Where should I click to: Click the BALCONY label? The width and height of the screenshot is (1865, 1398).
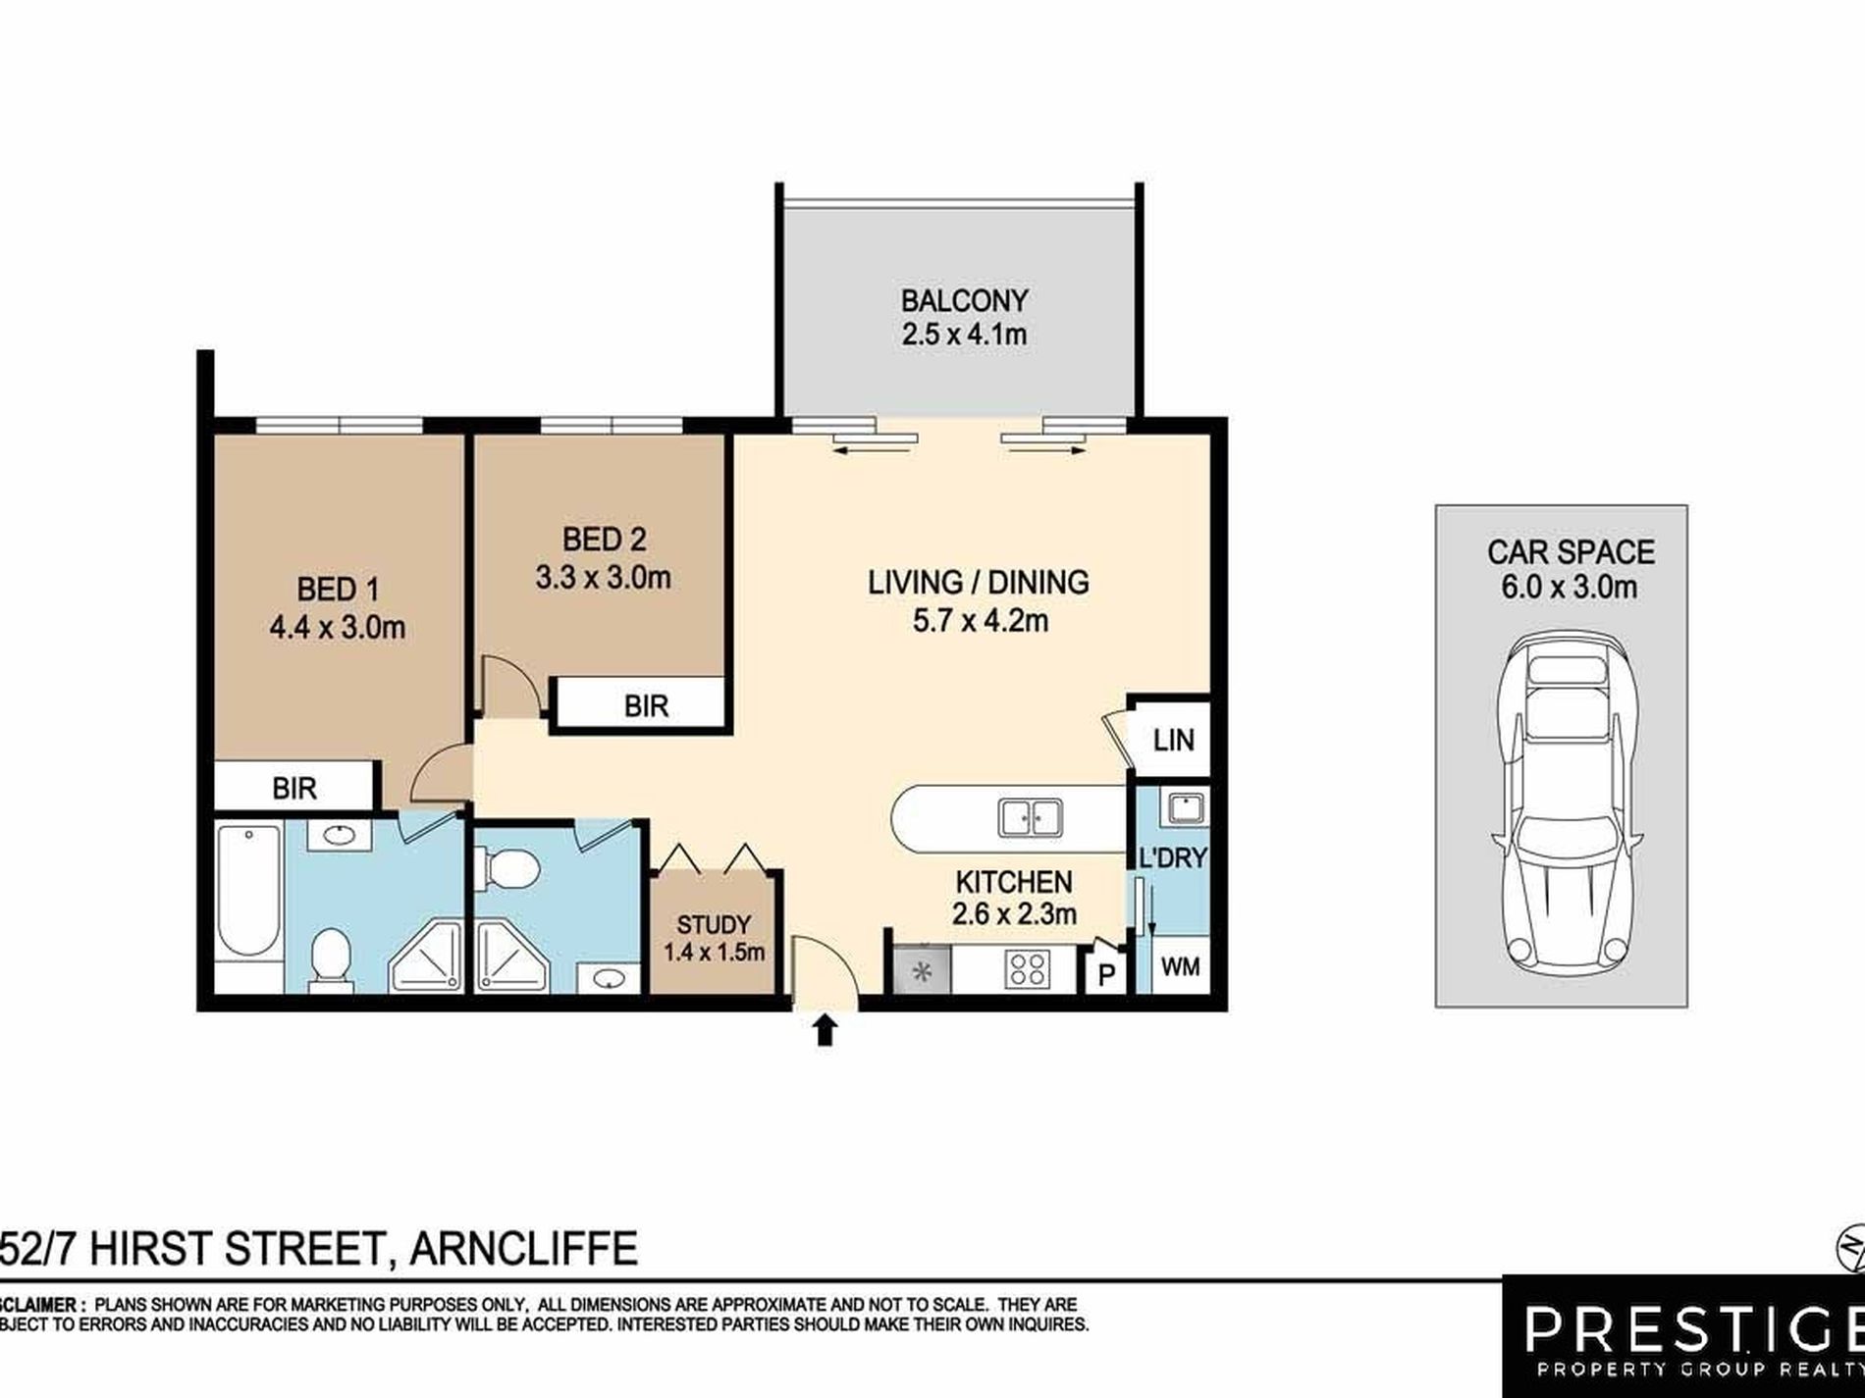(x=964, y=299)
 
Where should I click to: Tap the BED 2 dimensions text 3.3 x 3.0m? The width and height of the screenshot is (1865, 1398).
(x=603, y=577)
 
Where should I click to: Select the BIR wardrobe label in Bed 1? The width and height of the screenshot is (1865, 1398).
(x=294, y=788)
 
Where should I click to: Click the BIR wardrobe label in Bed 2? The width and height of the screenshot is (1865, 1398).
(x=646, y=705)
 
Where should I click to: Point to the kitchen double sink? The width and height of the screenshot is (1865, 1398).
(x=1030, y=817)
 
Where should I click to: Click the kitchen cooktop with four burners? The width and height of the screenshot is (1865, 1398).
(x=1027, y=968)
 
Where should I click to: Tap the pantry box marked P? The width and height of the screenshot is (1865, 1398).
(x=1107, y=973)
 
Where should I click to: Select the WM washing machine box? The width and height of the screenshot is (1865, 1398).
(x=1180, y=967)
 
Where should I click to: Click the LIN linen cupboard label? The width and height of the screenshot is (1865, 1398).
(x=1173, y=740)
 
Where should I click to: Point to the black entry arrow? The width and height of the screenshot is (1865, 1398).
(x=825, y=1030)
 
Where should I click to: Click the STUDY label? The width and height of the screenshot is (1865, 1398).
(x=714, y=924)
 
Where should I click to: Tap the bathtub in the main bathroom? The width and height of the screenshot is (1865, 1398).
(x=248, y=891)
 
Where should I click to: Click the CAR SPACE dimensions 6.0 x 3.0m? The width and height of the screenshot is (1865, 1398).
(x=1569, y=587)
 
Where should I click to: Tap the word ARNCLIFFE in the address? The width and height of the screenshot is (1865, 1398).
(x=523, y=1249)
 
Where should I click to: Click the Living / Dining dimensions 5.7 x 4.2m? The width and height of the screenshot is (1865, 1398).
(x=980, y=620)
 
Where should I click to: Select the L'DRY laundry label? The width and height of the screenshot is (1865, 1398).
(x=1172, y=857)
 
